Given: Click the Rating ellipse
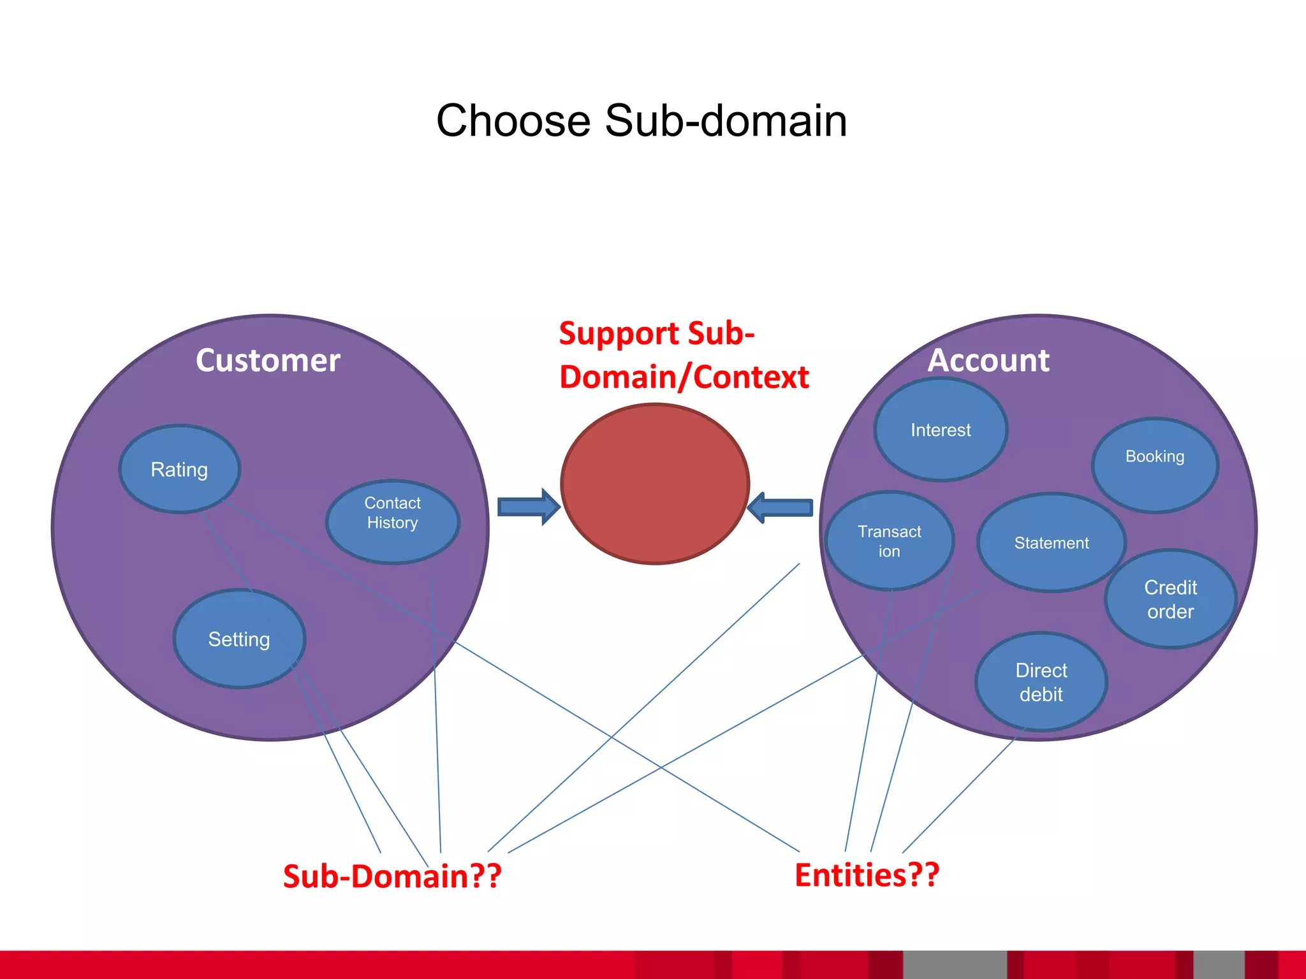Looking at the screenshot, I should click(x=179, y=469).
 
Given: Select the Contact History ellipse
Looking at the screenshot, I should click(x=392, y=521).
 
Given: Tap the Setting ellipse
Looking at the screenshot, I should click(x=239, y=639).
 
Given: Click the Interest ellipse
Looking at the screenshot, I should click(x=941, y=430).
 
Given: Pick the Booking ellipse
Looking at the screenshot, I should click(x=1155, y=465).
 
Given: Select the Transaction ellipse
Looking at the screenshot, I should click(x=890, y=541).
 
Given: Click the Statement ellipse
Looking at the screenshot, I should click(x=1052, y=542).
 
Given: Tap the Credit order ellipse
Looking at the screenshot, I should click(x=1170, y=599).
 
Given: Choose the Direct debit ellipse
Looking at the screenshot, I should click(x=1041, y=682).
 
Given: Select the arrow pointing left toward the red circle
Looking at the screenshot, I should click(x=781, y=508).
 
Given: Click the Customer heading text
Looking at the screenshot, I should click(x=268, y=361).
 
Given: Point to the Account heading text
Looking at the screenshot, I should click(x=988, y=361).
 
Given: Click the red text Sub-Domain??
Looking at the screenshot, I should click(x=392, y=876).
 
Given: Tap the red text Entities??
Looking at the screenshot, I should click(x=867, y=875).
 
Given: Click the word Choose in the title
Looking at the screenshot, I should click(x=513, y=121).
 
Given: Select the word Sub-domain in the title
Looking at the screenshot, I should click(x=726, y=121).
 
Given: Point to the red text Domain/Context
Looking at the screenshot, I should click(x=684, y=377).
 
